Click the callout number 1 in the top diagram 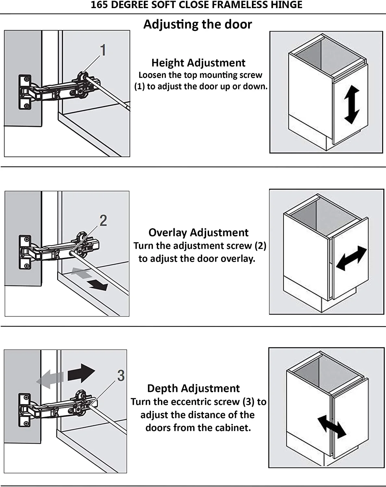pyautogui.click(x=103, y=50)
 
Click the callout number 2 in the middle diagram pyautogui.click(x=103, y=221)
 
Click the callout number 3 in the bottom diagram pyautogui.click(x=121, y=376)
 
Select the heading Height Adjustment pyautogui.click(x=198, y=63)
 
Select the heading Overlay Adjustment pyautogui.click(x=198, y=232)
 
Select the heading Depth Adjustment pyautogui.click(x=193, y=388)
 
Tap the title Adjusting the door pyautogui.click(x=197, y=24)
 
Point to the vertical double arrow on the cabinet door pyautogui.click(x=351, y=105)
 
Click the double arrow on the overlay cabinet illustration pyautogui.click(x=351, y=258)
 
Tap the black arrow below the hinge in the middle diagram pyautogui.click(x=98, y=285)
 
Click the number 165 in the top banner pyautogui.click(x=99, y=5)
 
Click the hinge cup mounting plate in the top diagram pyautogui.click(x=25, y=92)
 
